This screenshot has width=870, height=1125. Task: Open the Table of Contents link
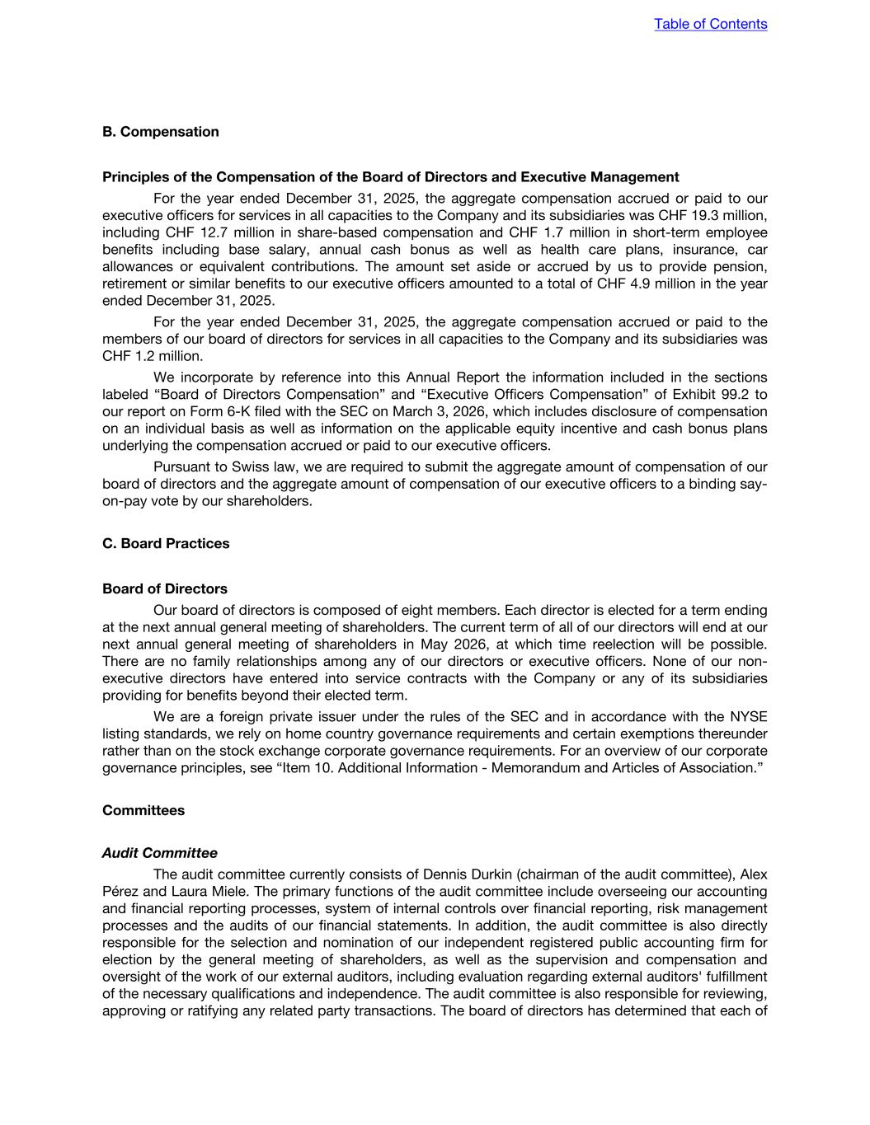(710, 24)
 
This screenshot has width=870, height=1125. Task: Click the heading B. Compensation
(161, 132)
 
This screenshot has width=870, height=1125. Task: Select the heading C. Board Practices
(166, 543)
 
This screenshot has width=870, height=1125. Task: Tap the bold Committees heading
(143, 810)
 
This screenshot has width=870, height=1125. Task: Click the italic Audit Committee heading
(160, 853)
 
